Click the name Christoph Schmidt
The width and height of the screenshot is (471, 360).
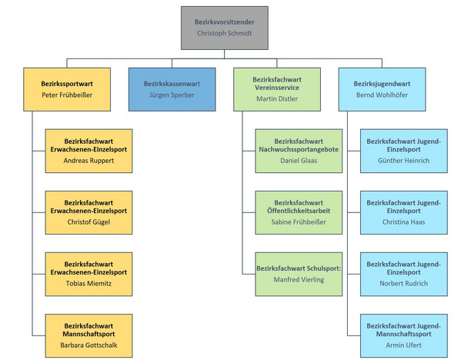(x=225, y=34)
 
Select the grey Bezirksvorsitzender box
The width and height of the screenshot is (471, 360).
(x=225, y=28)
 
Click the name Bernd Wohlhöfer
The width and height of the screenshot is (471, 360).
(x=382, y=95)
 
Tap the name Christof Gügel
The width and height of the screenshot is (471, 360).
(x=89, y=223)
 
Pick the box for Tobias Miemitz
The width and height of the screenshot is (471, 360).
(x=89, y=272)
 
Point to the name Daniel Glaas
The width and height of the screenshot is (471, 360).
(x=298, y=161)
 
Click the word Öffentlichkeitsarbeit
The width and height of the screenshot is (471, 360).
(x=298, y=211)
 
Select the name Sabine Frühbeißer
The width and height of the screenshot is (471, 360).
(x=298, y=223)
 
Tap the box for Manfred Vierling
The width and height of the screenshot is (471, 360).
(x=298, y=273)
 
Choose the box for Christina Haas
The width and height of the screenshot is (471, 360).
(x=403, y=211)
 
